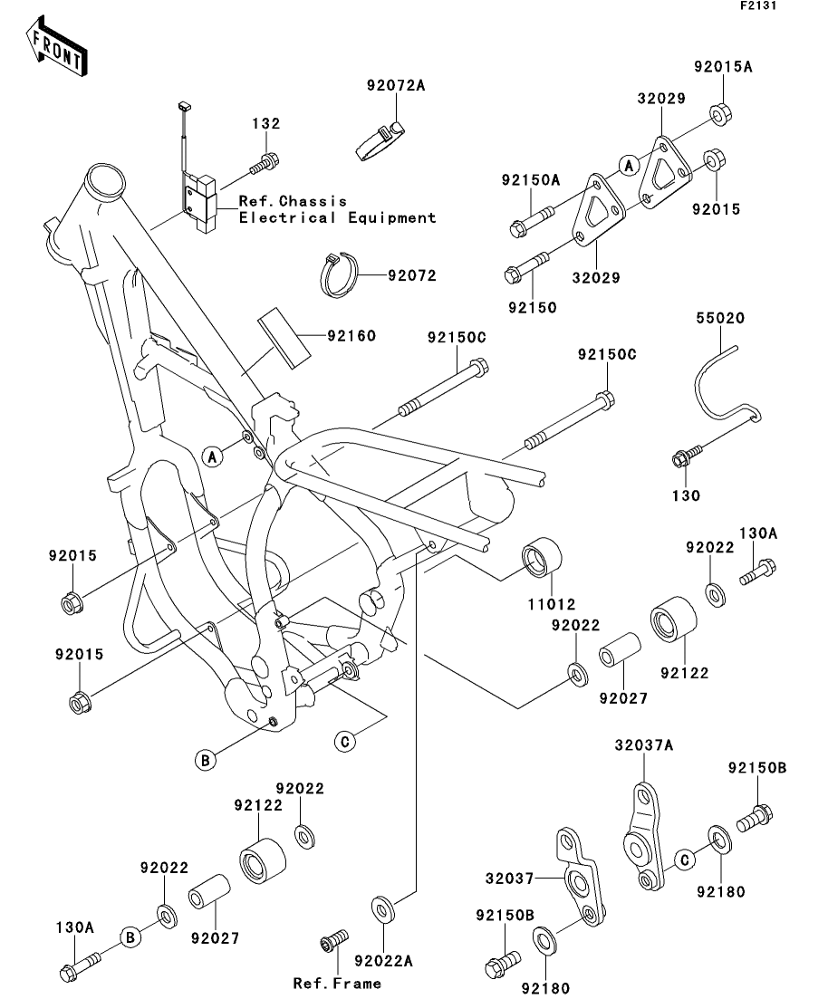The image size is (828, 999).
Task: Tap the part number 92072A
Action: [396, 86]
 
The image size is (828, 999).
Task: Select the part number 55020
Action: [720, 320]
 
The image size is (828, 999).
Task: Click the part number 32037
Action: [511, 879]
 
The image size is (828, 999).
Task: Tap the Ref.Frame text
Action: [337, 983]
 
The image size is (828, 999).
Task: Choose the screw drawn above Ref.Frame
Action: [332, 941]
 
